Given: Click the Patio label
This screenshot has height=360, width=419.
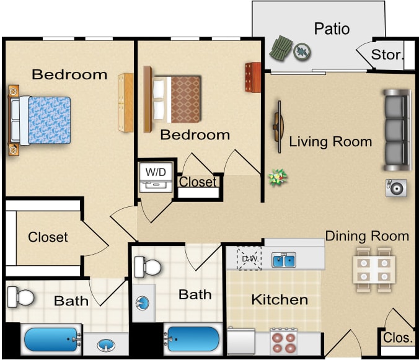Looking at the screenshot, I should click(332, 29).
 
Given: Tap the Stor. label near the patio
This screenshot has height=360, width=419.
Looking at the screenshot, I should click(387, 55).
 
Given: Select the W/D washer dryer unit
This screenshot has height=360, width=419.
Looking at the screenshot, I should click(156, 177).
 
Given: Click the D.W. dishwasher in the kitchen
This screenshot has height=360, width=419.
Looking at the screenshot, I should click(250, 259).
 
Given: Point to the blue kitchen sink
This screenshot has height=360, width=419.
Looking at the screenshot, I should click(284, 260).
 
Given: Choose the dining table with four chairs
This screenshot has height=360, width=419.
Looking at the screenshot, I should click(375, 267).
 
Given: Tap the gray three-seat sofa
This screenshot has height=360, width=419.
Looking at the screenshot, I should click(397, 131).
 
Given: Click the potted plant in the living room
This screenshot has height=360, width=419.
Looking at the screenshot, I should click(277, 177).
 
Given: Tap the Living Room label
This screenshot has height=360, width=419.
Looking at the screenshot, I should click(330, 141).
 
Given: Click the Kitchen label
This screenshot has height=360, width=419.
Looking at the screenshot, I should click(279, 300).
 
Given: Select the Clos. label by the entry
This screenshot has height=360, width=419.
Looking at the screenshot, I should click(397, 338).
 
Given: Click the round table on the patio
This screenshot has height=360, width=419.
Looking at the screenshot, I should click(301, 50).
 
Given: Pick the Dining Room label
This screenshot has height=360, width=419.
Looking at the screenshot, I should click(367, 236).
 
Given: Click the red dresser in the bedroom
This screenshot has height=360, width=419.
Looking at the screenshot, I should click(252, 77).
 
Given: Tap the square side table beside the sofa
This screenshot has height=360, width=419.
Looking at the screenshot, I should click(396, 188).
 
